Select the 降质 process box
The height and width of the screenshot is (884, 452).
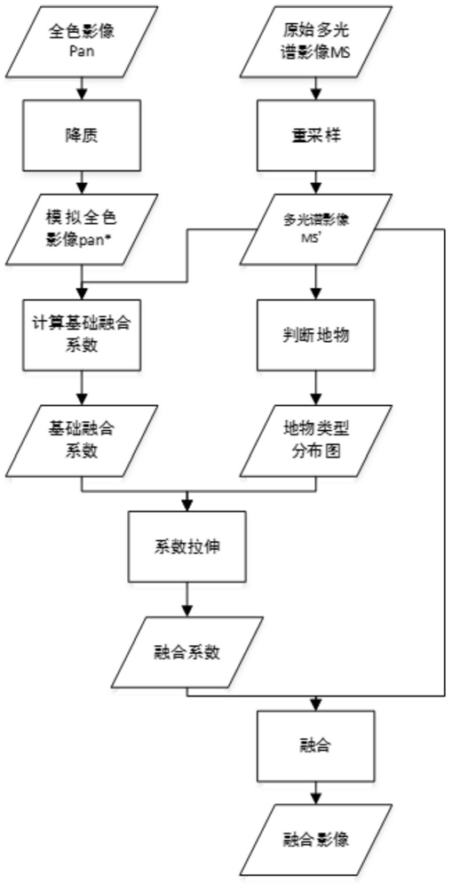[83, 136]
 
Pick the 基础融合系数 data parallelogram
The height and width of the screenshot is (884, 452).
[83, 440]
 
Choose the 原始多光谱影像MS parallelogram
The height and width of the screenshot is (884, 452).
[314, 43]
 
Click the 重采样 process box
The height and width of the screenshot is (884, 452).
[314, 136]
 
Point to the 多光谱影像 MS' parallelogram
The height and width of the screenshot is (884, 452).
[314, 229]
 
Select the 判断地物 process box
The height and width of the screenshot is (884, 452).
[314, 334]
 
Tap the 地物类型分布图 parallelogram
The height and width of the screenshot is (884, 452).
[314, 440]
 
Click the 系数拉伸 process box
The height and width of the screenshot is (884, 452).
[187, 546]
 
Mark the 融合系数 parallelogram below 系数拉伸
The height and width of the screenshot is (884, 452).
[187, 652]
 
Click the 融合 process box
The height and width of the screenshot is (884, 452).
[314, 747]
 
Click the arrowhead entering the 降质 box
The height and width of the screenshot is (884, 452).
[83, 97]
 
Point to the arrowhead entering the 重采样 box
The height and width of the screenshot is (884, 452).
[314, 97]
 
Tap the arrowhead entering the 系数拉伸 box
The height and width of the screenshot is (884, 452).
[187, 506]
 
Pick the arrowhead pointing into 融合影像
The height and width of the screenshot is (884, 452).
[314, 800]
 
